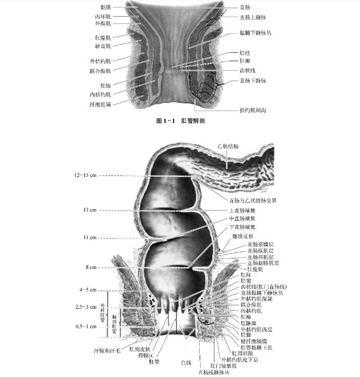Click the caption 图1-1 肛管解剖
(180, 121)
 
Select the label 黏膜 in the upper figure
(106, 7)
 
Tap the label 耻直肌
(102, 46)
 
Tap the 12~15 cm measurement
(85, 175)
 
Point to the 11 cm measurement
(90, 237)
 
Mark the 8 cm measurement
(91, 267)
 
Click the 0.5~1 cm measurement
(85, 327)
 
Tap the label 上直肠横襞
(242, 210)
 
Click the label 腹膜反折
(242, 236)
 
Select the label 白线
(186, 363)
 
